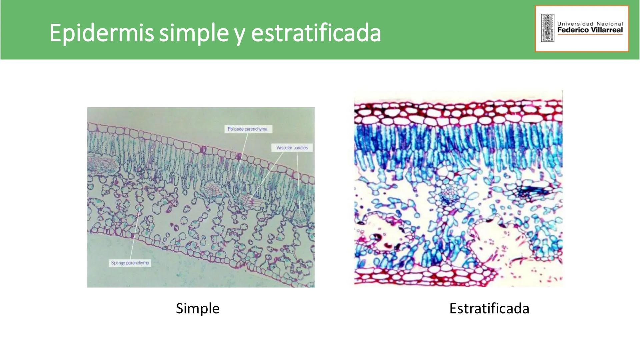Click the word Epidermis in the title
[102, 33]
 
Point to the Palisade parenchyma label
[248, 129]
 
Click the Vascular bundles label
[292, 148]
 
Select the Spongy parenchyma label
[130, 263]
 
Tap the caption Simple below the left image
[198, 309]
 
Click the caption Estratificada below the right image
[489, 308]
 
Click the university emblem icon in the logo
[548, 28]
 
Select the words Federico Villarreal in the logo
[590, 30]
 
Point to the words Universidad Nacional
[590, 24]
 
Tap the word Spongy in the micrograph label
[118, 263]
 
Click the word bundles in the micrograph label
[301, 148]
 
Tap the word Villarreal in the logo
[606, 30]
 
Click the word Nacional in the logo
[610, 24]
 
